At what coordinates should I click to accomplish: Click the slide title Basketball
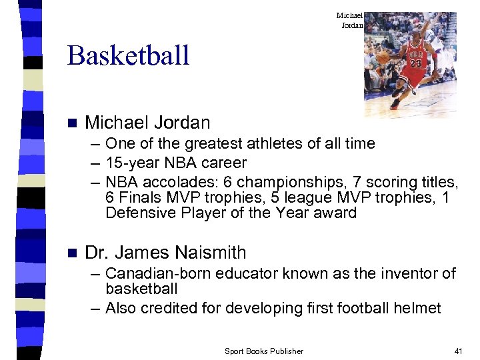(x=128, y=55)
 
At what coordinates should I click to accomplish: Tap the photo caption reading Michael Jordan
(x=349, y=20)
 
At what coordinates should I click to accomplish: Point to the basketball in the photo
(x=383, y=58)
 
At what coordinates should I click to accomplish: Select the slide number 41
(x=457, y=351)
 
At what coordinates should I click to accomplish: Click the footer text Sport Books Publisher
(x=263, y=351)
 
